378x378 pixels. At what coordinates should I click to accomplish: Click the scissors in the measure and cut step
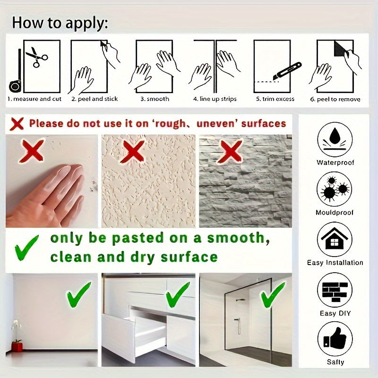click(x=37, y=57)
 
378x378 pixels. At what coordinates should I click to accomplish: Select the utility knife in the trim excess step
click(x=287, y=71)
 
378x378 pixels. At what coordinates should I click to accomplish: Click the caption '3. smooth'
click(x=155, y=99)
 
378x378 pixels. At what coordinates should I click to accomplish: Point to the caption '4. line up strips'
click(x=215, y=99)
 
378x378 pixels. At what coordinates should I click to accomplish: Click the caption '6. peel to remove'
click(x=335, y=99)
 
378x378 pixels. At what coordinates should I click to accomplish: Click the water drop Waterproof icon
click(x=335, y=139)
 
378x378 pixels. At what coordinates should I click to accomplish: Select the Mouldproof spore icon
click(x=335, y=189)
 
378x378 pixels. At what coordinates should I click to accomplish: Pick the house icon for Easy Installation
click(x=335, y=240)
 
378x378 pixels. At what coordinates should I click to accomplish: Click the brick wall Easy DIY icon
click(x=335, y=290)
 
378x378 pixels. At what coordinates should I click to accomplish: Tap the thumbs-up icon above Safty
click(x=335, y=339)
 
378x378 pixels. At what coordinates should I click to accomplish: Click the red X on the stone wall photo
click(x=230, y=151)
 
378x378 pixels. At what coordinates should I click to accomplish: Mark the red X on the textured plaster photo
click(x=133, y=151)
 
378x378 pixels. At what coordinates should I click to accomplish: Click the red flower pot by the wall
click(x=17, y=347)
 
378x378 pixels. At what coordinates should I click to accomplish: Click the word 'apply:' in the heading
click(x=86, y=23)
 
